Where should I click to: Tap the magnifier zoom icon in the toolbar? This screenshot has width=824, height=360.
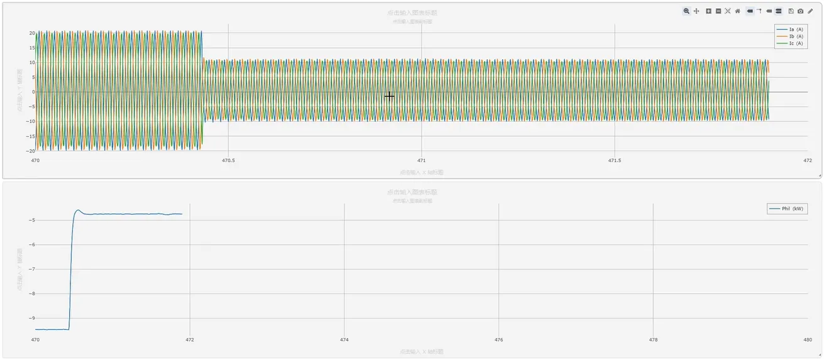686,11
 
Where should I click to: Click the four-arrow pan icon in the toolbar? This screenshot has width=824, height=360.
696,11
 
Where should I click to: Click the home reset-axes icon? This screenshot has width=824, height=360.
737,11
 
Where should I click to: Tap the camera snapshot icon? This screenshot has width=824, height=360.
800,11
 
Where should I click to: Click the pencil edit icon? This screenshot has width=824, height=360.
810,11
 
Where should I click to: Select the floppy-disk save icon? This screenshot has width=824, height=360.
791,11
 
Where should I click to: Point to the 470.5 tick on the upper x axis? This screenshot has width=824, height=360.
228,160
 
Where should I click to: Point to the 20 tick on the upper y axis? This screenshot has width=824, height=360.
31,33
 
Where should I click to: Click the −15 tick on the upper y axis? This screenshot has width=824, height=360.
30,136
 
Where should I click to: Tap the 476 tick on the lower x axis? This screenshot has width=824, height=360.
498,340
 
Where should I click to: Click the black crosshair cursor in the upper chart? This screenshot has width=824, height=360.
389,96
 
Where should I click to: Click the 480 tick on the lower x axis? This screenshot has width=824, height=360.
807,340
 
